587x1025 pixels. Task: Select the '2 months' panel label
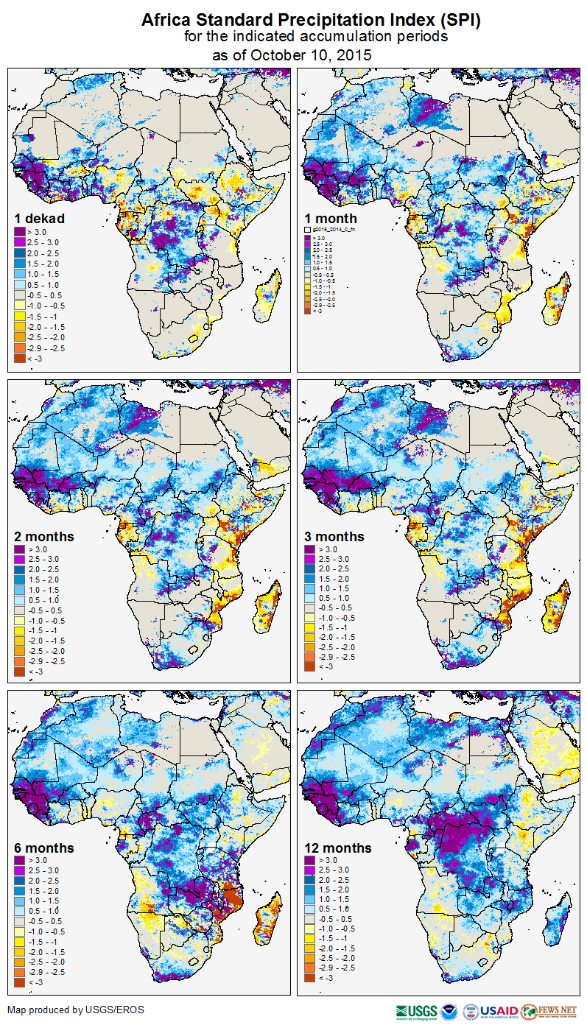click(44, 536)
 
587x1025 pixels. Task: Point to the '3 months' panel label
click(334, 536)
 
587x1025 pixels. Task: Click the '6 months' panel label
click(44, 848)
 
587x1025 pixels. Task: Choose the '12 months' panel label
click(337, 848)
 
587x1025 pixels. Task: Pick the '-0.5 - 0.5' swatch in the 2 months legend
click(21, 610)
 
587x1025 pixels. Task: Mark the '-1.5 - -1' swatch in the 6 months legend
click(21, 942)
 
